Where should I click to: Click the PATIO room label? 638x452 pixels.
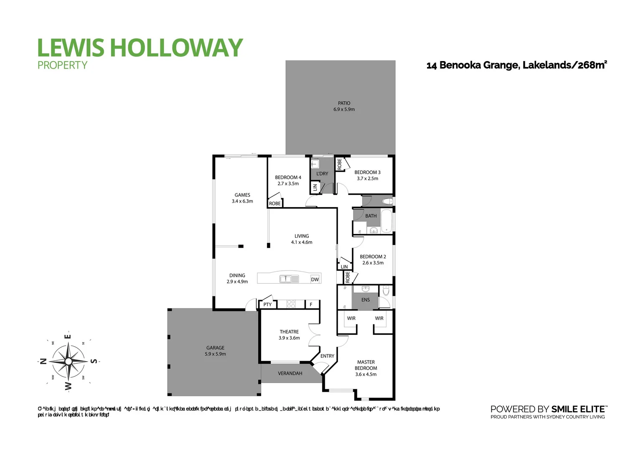click(344, 103)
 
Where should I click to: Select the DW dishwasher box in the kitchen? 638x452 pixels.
click(315, 279)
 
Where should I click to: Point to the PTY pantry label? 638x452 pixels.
click(267, 305)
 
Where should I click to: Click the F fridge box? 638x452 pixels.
click(311, 305)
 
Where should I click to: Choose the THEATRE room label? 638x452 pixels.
click(289, 331)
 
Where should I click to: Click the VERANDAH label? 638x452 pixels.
click(290, 373)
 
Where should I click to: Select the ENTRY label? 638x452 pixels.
click(327, 356)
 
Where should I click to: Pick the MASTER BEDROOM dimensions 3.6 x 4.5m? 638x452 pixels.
click(366, 374)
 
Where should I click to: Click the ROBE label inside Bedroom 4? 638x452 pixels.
click(275, 203)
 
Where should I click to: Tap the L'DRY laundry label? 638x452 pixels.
click(322, 173)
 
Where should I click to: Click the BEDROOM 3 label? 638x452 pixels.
click(367, 172)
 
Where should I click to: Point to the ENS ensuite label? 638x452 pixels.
click(366, 300)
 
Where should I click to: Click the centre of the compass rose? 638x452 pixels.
click(68, 361)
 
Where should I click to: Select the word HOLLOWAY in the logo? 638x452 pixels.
click(176, 47)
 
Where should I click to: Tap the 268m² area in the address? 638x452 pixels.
click(592, 65)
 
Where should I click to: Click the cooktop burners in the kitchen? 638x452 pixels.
click(291, 304)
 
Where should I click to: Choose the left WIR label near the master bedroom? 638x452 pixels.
click(351, 318)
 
